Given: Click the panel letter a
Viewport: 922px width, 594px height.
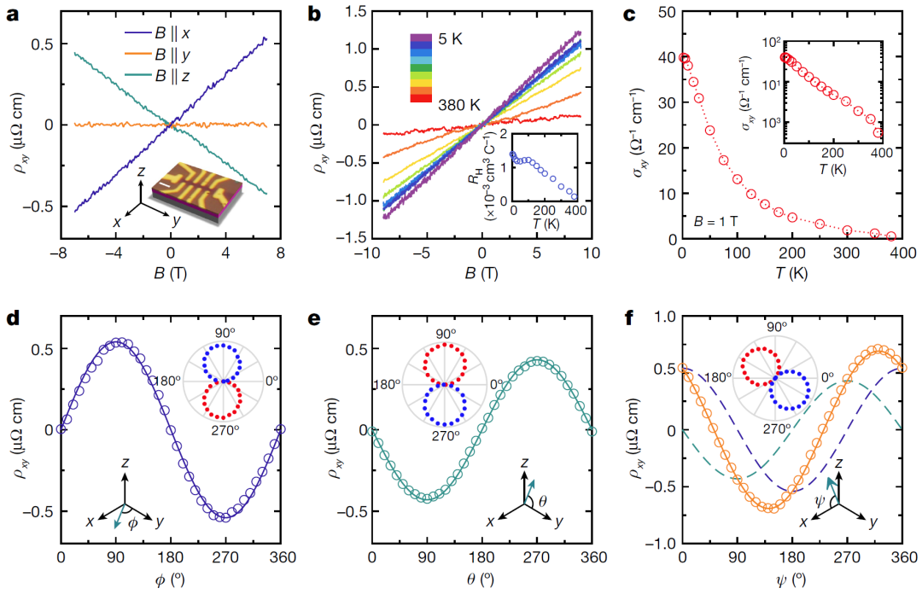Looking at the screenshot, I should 12,14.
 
